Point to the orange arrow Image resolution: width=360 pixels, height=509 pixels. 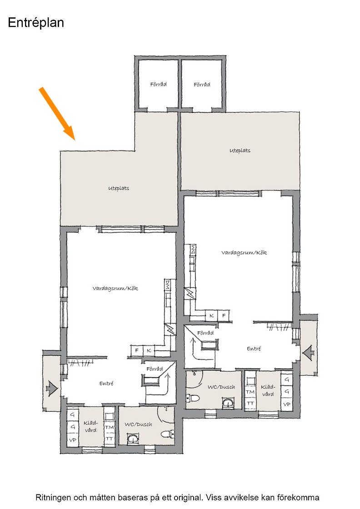pyautogui.click(x=57, y=114)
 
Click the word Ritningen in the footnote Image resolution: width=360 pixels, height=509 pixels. pyautogui.click(x=52, y=498)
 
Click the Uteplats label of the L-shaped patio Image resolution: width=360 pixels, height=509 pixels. pyautogui.click(x=119, y=188)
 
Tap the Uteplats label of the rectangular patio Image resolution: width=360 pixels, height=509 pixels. pyautogui.click(x=240, y=150)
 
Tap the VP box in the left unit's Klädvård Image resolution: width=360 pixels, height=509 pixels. pyautogui.click(x=73, y=440)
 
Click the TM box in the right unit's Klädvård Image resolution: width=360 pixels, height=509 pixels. pyautogui.click(x=250, y=392)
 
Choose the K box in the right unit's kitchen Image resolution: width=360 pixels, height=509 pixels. pyautogui.click(x=212, y=315)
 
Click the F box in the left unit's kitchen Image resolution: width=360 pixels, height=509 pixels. pyautogui.click(x=137, y=350)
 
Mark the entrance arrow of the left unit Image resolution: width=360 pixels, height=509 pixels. pyautogui.click(x=52, y=388)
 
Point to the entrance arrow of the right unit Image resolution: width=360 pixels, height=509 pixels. pyautogui.click(x=308, y=353)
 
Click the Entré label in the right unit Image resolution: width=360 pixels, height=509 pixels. pyautogui.click(x=254, y=349)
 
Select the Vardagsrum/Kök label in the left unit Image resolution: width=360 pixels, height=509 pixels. pyautogui.click(x=115, y=288)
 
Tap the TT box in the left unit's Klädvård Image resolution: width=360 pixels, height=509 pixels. pyautogui.click(x=109, y=439)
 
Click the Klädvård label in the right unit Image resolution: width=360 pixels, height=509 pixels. pyautogui.click(x=268, y=390)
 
